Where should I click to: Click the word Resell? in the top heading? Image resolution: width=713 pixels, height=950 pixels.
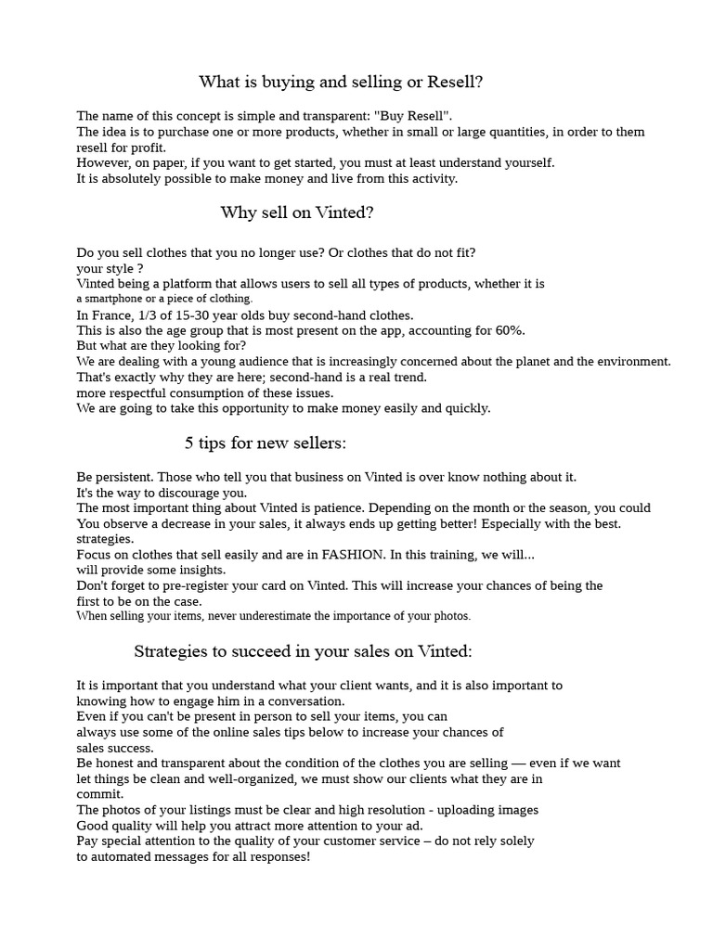(455, 83)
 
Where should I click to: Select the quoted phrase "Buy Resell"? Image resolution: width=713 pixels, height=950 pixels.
(413, 116)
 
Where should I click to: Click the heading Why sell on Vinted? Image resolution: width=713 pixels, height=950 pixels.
(297, 213)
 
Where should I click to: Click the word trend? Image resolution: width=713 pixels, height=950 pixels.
(405, 378)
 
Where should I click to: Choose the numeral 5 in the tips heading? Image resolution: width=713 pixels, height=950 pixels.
(189, 443)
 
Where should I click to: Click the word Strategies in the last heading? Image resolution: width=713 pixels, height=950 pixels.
(169, 651)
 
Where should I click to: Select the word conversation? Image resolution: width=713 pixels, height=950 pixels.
(305, 701)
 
